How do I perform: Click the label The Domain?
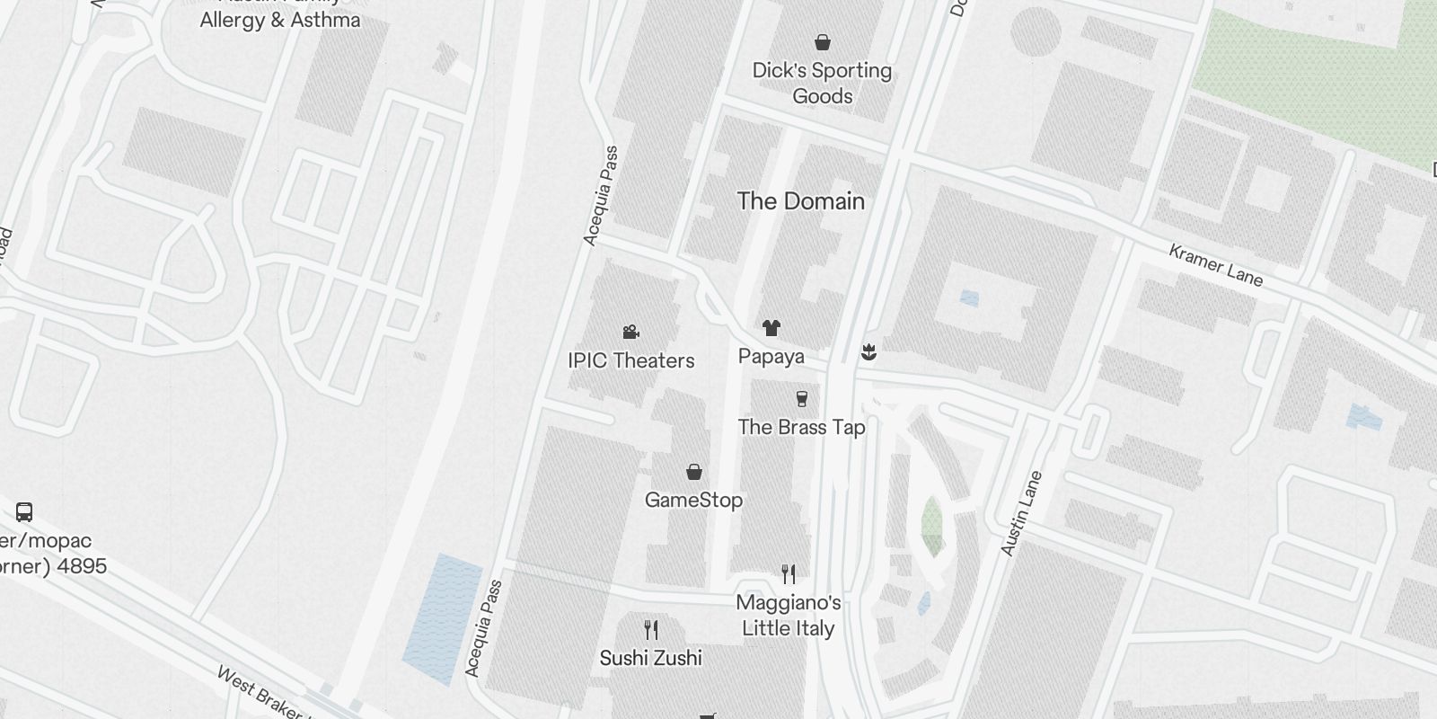(800, 201)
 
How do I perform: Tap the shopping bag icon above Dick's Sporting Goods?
(822, 42)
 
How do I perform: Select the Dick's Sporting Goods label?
(822, 83)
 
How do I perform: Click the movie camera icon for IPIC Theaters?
(630, 333)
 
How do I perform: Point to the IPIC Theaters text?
(630, 360)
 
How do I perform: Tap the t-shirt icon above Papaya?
(771, 328)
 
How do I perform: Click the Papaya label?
(771, 356)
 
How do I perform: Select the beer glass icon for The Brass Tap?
(802, 398)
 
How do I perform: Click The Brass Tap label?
(801, 427)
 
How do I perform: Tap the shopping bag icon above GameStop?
(693, 472)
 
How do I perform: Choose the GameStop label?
(693, 500)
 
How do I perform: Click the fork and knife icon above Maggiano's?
(788, 573)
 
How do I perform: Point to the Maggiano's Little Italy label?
(788, 616)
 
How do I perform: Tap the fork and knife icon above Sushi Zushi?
(651, 629)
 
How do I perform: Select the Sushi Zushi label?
(651, 658)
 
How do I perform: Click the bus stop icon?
(24, 512)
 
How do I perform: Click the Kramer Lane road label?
(1215, 265)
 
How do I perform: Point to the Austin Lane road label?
(1021, 513)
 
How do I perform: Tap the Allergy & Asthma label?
(279, 20)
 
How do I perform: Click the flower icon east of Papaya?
(868, 351)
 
